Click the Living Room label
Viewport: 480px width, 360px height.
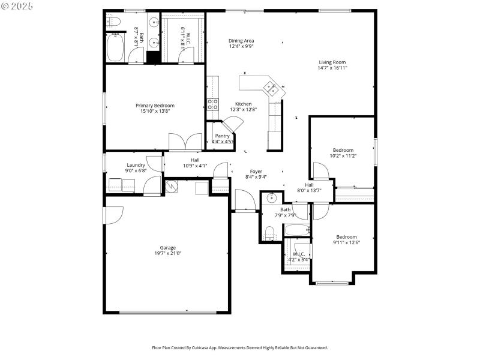coord(332,62)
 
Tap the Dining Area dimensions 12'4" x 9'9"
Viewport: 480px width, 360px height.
coord(241,47)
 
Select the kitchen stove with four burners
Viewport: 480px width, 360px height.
coord(212,104)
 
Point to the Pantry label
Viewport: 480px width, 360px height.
coord(222,136)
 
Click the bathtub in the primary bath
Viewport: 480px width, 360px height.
coord(115,47)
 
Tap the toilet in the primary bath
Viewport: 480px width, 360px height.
coord(114,22)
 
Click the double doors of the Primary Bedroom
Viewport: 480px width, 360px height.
coord(185,142)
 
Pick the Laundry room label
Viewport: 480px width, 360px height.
coord(136,165)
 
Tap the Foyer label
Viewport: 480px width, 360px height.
coord(256,171)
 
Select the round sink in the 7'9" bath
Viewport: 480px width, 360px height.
coord(271,197)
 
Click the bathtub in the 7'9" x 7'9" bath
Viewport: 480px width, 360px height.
coord(296,229)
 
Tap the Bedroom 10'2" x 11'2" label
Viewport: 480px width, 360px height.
coord(343,150)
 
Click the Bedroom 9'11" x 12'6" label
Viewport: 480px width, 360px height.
coord(346,237)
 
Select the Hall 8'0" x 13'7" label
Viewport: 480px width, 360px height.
coord(309,185)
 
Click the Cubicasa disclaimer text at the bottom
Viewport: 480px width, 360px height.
coord(240,347)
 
